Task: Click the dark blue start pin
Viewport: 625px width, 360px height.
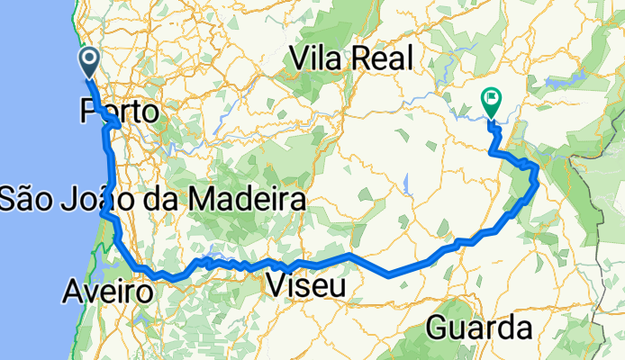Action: click(x=91, y=62)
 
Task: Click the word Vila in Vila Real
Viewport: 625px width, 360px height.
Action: click(x=316, y=58)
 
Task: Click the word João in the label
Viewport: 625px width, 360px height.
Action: click(x=102, y=199)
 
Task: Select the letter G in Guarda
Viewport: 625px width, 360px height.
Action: click(x=439, y=326)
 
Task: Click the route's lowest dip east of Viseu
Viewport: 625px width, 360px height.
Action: click(x=389, y=274)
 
